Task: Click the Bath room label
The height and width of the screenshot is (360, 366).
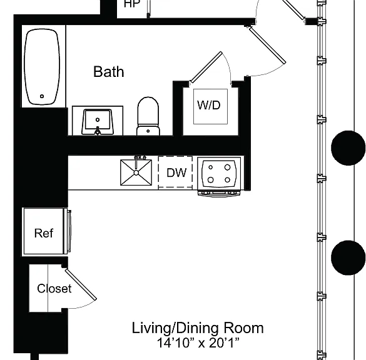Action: pyautogui.click(x=108, y=72)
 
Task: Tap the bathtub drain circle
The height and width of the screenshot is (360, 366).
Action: pyautogui.click(x=42, y=96)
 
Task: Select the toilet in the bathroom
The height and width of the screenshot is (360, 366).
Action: pyautogui.click(x=148, y=116)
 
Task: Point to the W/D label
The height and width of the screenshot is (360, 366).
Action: pyautogui.click(x=209, y=105)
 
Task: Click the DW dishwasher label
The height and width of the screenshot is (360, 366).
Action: pyautogui.click(x=176, y=172)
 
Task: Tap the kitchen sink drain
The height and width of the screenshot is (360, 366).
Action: pyautogui.click(x=136, y=172)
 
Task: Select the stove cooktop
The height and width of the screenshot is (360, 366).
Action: pyautogui.click(x=219, y=174)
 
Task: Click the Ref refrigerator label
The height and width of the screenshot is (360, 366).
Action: pyautogui.click(x=44, y=233)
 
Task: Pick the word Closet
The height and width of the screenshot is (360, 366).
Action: pyautogui.click(x=54, y=288)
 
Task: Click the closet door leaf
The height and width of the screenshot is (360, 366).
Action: pyautogui.click(x=81, y=284)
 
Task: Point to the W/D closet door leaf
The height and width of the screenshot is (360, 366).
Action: pyautogui.click(x=206, y=67)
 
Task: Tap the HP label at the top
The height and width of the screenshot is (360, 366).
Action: pyautogui.click(x=131, y=4)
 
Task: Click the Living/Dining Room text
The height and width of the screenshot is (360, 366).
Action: pyautogui.click(x=198, y=328)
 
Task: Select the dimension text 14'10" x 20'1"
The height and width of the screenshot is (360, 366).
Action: pyautogui.click(x=198, y=342)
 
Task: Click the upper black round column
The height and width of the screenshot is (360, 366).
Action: pyautogui.click(x=348, y=148)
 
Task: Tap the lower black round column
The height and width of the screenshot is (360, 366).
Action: pyautogui.click(x=348, y=257)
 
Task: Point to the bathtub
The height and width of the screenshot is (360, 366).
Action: pyautogui.click(x=42, y=67)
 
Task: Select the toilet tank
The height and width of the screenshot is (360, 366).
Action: pyautogui.click(x=148, y=131)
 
